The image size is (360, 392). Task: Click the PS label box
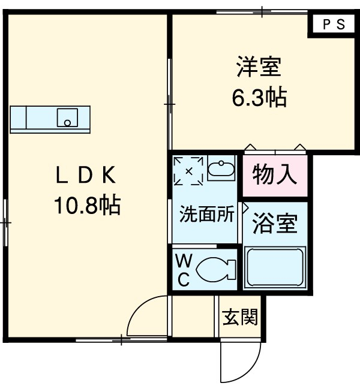(334, 24)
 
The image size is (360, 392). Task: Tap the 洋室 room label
(259, 67)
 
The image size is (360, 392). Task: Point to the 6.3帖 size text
(259, 97)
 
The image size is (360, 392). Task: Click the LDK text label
(86, 175)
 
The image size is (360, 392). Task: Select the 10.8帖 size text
(88, 206)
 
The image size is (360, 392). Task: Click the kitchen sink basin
(67, 117)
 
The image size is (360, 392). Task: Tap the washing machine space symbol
(188, 171)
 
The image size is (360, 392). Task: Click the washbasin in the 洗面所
(221, 168)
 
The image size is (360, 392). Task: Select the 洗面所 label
(206, 214)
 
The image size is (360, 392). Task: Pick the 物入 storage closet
(275, 175)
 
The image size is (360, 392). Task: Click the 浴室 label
(275, 224)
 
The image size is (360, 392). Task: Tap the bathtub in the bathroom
(275, 267)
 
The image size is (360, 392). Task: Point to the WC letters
(184, 270)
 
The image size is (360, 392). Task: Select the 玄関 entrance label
(240, 317)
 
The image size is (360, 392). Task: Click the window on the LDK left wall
(5, 222)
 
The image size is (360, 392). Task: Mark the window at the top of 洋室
(262, 12)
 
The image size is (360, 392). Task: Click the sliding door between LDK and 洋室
(170, 104)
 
